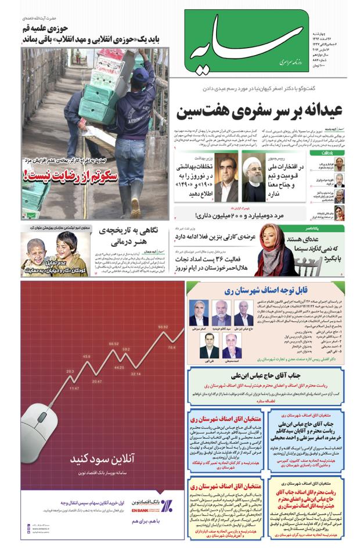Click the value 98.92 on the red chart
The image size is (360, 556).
(163, 327)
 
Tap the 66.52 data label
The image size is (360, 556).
(113, 344)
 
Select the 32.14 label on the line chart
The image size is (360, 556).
(136, 374)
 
